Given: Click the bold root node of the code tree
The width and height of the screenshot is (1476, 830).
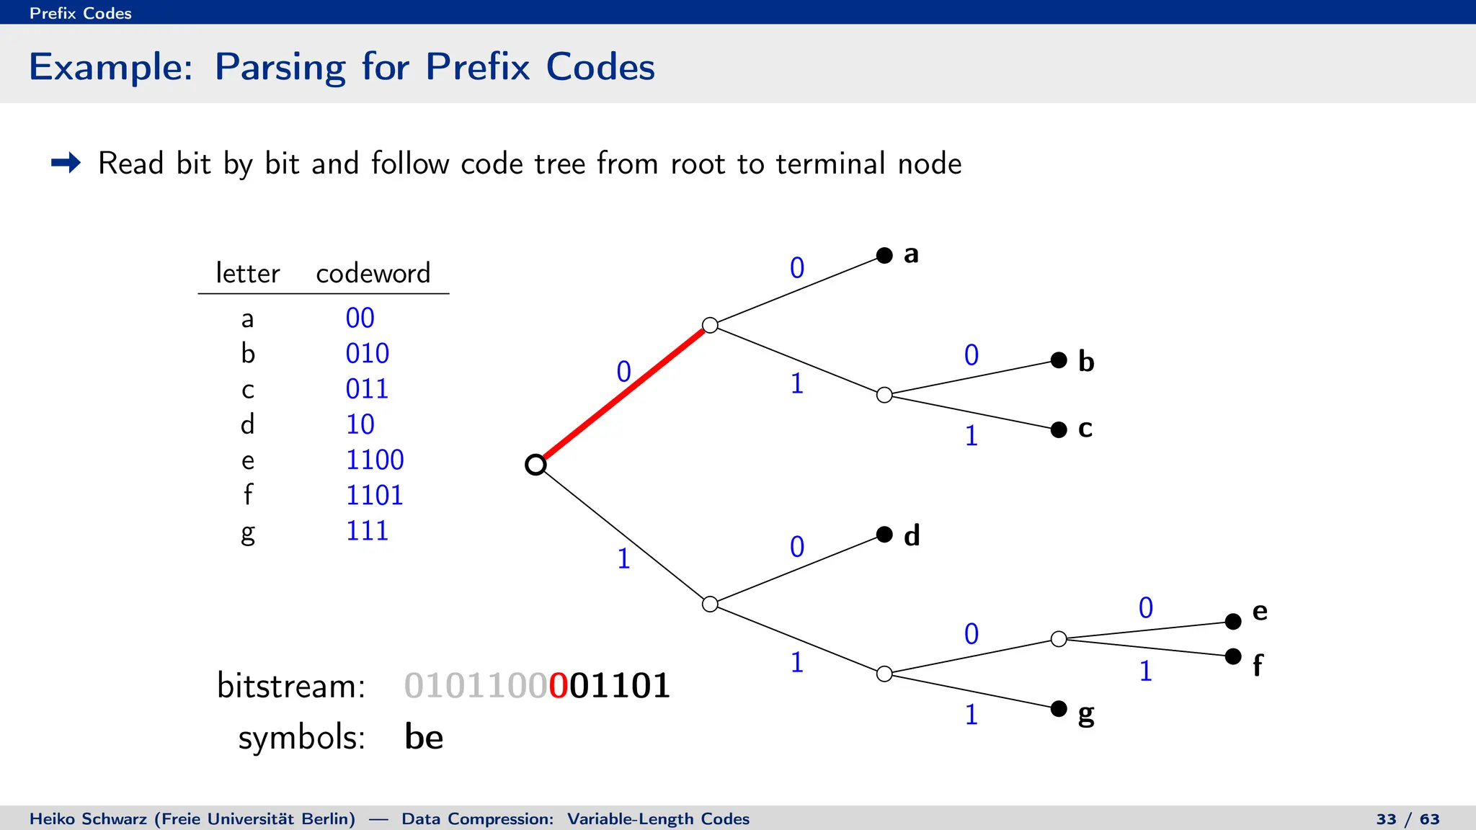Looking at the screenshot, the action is (535, 465).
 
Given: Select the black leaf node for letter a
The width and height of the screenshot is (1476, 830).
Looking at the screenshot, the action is (884, 255).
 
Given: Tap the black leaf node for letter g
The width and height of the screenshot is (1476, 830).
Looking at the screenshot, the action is (1059, 709).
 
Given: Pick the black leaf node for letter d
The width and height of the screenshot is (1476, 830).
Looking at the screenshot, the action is (884, 535).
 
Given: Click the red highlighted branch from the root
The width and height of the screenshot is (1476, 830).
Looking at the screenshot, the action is (623, 394).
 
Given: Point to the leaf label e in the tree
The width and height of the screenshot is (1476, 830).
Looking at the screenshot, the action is (1260, 611).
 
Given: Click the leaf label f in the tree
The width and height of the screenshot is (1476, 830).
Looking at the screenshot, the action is (1258, 665).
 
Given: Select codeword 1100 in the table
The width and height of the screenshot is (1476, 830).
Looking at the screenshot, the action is (375, 460).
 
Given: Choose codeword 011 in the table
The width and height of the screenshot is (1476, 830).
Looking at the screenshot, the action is (367, 389).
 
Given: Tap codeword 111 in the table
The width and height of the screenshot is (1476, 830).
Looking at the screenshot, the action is (367, 531).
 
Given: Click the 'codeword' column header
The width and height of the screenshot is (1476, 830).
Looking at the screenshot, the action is (373, 273).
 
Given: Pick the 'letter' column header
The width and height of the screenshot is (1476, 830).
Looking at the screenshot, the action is (247, 273).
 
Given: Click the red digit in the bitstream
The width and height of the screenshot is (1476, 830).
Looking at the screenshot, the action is (559, 685).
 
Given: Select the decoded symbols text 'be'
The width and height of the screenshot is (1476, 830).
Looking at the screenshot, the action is (424, 737).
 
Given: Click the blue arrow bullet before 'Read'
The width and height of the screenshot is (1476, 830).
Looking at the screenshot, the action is (66, 163).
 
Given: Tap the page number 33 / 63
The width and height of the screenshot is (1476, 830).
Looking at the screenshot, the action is (1408, 819).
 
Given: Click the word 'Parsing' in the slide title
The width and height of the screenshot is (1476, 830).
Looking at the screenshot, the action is (280, 68).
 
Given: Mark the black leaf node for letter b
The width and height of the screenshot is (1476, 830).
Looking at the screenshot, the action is (1059, 360).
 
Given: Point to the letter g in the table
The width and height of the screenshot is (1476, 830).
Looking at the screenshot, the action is (248, 533).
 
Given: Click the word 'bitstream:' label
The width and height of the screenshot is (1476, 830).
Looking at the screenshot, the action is (291, 685).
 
